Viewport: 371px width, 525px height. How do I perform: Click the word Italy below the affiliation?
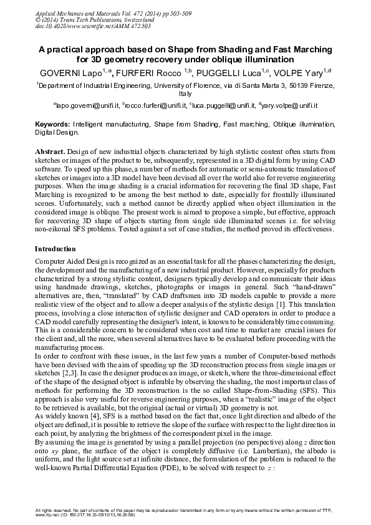pos(185,94)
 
